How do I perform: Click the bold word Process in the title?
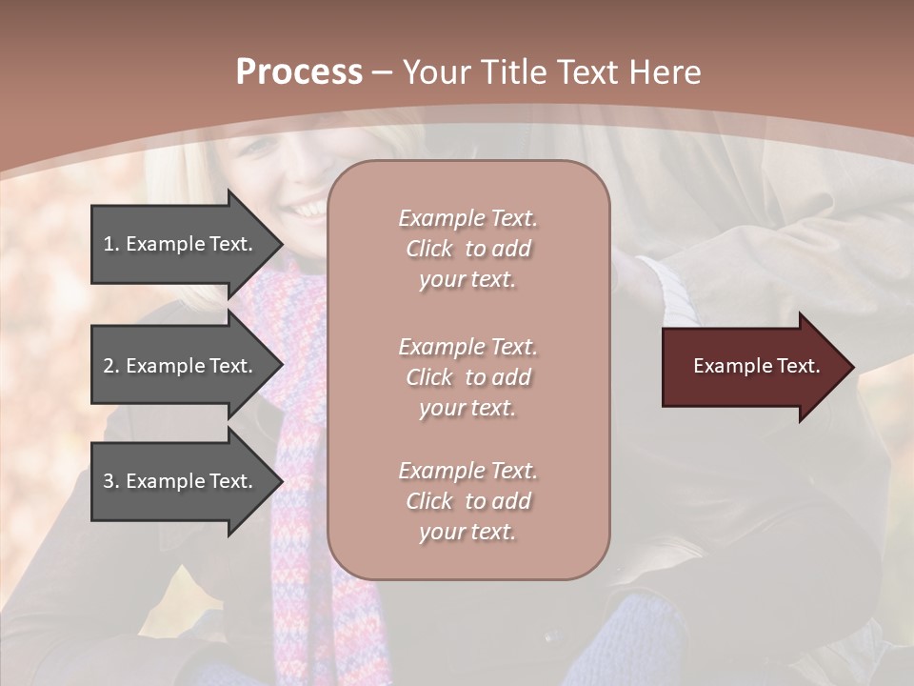click(299, 72)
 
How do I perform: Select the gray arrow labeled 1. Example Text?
click(181, 244)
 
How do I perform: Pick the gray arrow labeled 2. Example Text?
click(181, 366)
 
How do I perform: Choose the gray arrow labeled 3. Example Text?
click(181, 481)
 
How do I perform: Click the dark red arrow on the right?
click(752, 367)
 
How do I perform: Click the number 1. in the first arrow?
click(111, 244)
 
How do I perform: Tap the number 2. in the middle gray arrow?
click(111, 366)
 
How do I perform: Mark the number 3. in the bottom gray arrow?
click(111, 481)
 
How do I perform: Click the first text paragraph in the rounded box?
click(467, 249)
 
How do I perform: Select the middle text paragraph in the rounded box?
click(467, 377)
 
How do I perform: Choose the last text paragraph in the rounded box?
click(467, 501)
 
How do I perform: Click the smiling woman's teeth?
click(308, 208)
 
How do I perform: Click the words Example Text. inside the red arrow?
click(756, 366)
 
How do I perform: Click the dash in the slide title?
click(382, 73)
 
